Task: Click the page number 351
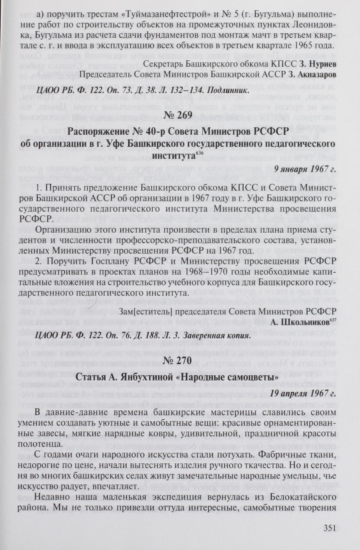tap(330, 528)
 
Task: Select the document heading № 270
tap(180, 361)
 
